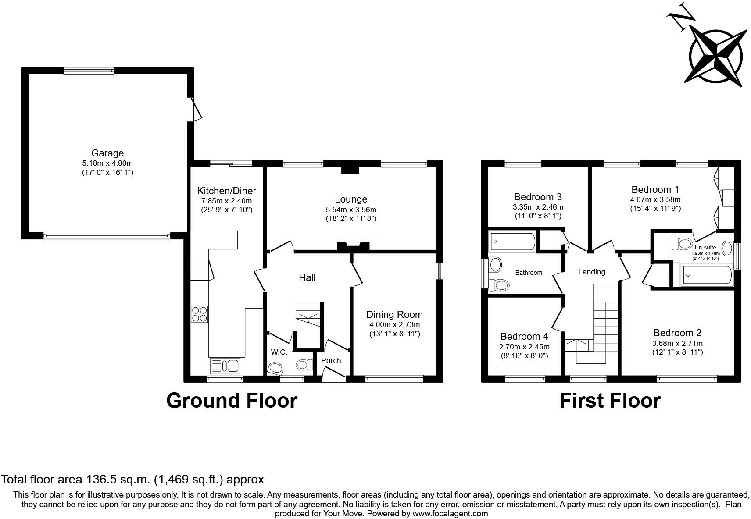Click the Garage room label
point(107,153)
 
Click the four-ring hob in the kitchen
point(199,314)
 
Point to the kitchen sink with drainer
point(225,366)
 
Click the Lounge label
point(350,199)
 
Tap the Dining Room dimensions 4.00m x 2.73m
point(394,324)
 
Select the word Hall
point(307,277)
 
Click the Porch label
point(331,360)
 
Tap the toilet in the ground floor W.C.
point(304,364)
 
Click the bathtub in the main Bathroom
point(513,242)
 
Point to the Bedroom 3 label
point(538,197)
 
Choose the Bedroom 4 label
point(524,336)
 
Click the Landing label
point(591,272)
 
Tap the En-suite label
point(705,247)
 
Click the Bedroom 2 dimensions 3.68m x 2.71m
point(677,343)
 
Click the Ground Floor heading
point(232,400)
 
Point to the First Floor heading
point(610,400)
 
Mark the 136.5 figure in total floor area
point(101,479)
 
